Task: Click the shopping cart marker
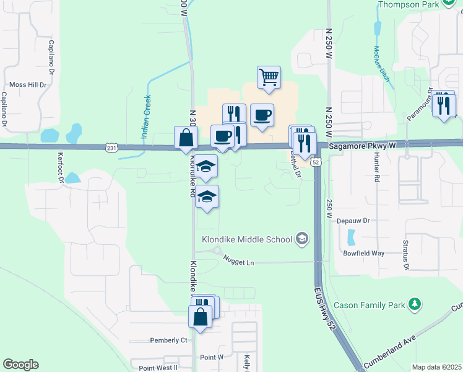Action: [269, 77]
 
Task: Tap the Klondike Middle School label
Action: [247, 239]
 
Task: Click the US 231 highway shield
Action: [111, 148]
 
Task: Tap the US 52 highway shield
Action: [316, 162]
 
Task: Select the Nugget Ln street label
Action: [239, 263]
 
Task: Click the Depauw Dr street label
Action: [353, 220]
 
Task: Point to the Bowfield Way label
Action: [364, 254]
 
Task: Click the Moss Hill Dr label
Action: [28, 85]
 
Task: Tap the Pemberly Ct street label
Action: [168, 340]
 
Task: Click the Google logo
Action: [20, 365]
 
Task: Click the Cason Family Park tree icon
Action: [417, 304]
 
